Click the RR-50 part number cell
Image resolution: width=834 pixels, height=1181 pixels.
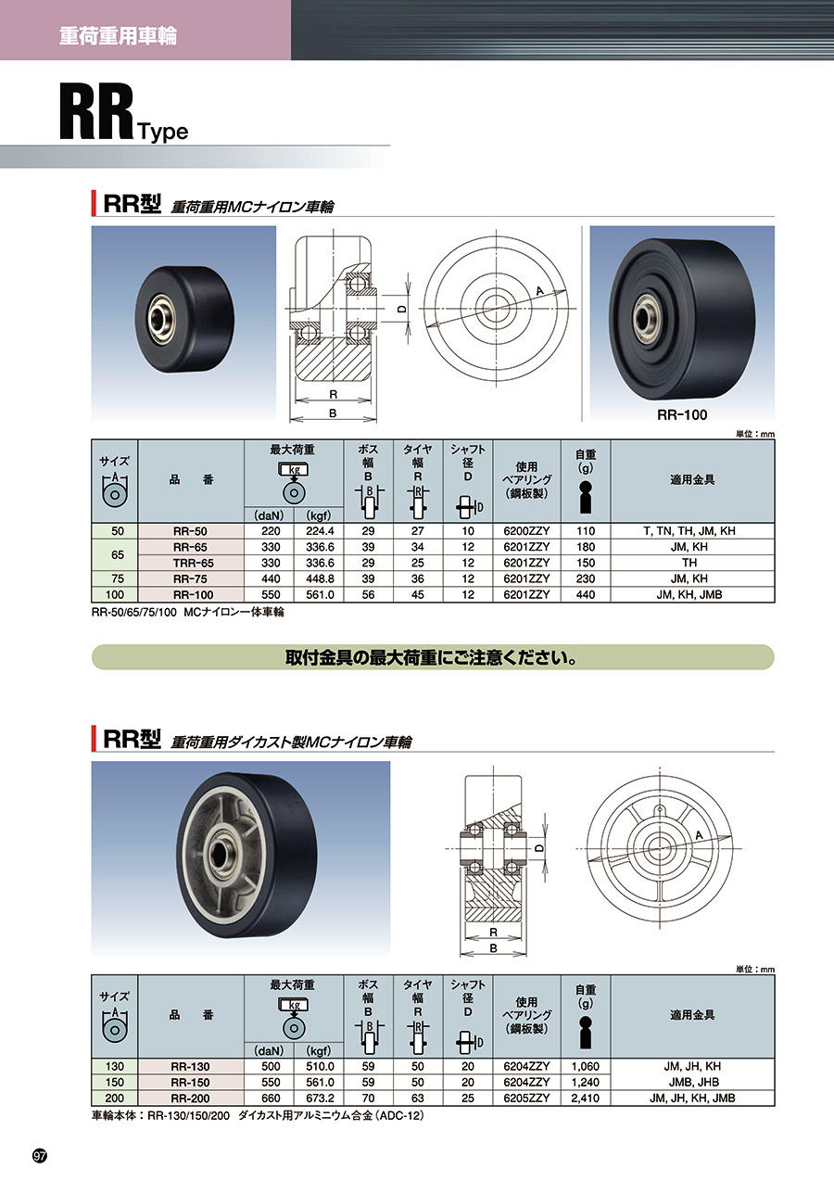point(190,531)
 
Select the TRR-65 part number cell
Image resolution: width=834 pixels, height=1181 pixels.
point(190,563)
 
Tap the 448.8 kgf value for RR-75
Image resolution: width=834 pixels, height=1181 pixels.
point(320,578)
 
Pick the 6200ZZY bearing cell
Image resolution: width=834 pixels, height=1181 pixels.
point(526,531)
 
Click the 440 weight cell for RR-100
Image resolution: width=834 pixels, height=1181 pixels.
point(585,595)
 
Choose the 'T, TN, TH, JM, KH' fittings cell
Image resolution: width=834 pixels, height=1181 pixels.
point(689,531)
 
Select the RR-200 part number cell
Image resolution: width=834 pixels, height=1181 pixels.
point(190,1098)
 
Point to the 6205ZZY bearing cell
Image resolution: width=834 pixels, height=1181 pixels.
point(526,1098)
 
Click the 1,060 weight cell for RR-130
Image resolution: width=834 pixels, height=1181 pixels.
point(585,1067)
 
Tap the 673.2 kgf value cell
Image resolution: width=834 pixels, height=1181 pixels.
point(320,1098)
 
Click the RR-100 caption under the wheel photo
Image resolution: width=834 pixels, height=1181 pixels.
point(682,415)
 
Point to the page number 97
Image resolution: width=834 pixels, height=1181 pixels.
point(40,1157)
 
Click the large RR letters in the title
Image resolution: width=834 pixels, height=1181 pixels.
point(96,112)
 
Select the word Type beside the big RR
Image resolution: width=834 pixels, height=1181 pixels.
point(163,132)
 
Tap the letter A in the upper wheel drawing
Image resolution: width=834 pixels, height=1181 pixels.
point(539,290)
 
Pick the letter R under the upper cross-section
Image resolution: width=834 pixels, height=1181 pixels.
point(334,394)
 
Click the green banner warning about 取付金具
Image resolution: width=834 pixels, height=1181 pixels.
point(432,657)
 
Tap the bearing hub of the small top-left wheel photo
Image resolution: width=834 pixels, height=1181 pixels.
point(159,317)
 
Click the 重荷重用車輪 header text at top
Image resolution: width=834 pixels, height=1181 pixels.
point(118,36)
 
